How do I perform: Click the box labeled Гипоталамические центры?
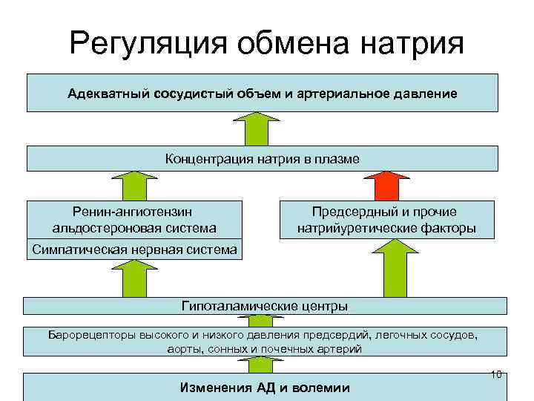point(265,306)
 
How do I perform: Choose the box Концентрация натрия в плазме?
point(263,159)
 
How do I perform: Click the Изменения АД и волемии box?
point(265,388)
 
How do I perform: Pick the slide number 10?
point(497,374)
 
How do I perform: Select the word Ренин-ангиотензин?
point(134,212)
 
